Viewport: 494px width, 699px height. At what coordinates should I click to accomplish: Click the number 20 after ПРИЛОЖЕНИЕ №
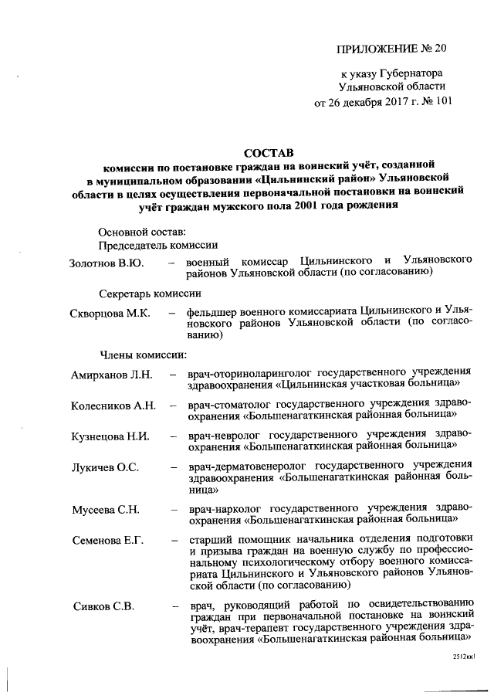tap(440, 49)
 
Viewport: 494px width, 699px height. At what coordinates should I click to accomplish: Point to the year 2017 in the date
tap(387, 100)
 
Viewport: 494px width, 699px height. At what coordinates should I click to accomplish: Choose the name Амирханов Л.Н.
tap(113, 375)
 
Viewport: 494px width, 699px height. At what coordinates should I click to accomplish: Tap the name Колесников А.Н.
tap(114, 405)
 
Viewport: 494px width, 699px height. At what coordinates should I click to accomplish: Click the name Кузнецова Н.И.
tap(110, 435)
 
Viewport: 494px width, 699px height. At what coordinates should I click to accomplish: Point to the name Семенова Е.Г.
tap(108, 538)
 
